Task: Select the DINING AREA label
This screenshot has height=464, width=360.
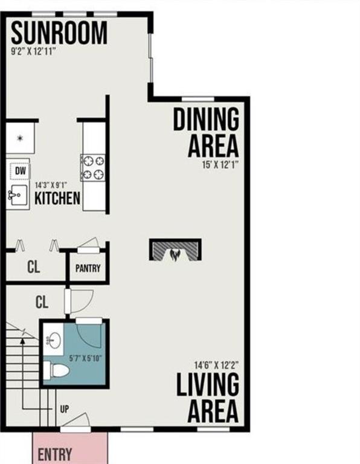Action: click(x=206, y=132)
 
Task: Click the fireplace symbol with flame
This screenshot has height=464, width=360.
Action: click(x=175, y=251)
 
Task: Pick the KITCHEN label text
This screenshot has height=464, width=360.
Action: click(x=57, y=198)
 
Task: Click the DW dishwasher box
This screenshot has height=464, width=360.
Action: click(x=19, y=170)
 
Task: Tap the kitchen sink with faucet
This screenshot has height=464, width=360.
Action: click(x=18, y=194)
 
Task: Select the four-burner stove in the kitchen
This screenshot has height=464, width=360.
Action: click(x=93, y=167)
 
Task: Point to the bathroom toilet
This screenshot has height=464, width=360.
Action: click(x=59, y=370)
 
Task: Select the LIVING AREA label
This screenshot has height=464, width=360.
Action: click(x=207, y=399)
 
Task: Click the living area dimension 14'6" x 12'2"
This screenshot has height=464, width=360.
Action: click(x=216, y=365)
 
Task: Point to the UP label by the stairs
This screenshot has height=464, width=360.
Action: click(x=65, y=409)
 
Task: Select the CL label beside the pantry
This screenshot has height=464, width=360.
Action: click(x=34, y=268)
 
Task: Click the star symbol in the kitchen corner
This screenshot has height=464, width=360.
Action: click(x=20, y=138)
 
